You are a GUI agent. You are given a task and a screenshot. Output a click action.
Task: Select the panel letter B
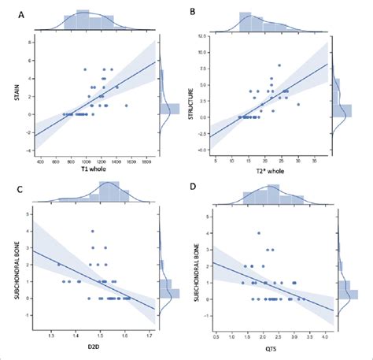[x=194, y=13]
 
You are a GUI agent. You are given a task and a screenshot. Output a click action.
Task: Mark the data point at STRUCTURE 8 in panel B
[x=279, y=65]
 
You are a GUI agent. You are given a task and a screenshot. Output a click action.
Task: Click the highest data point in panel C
[x=91, y=232]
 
